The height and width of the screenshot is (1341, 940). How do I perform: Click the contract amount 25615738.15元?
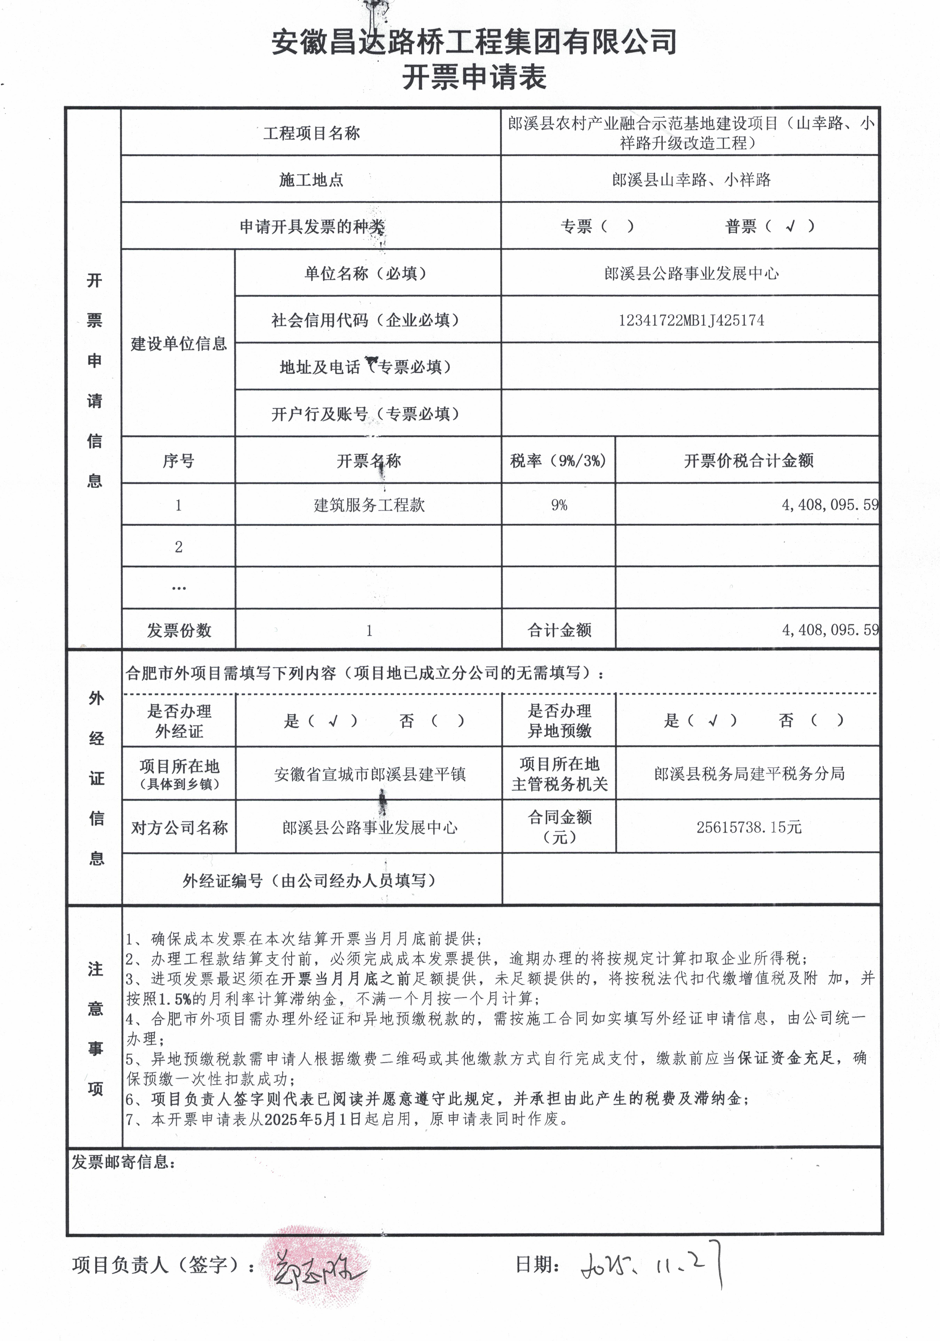pyautogui.click(x=748, y=827)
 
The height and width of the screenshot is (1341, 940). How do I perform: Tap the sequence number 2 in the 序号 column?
pyautogui.click(x=179, y=547)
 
